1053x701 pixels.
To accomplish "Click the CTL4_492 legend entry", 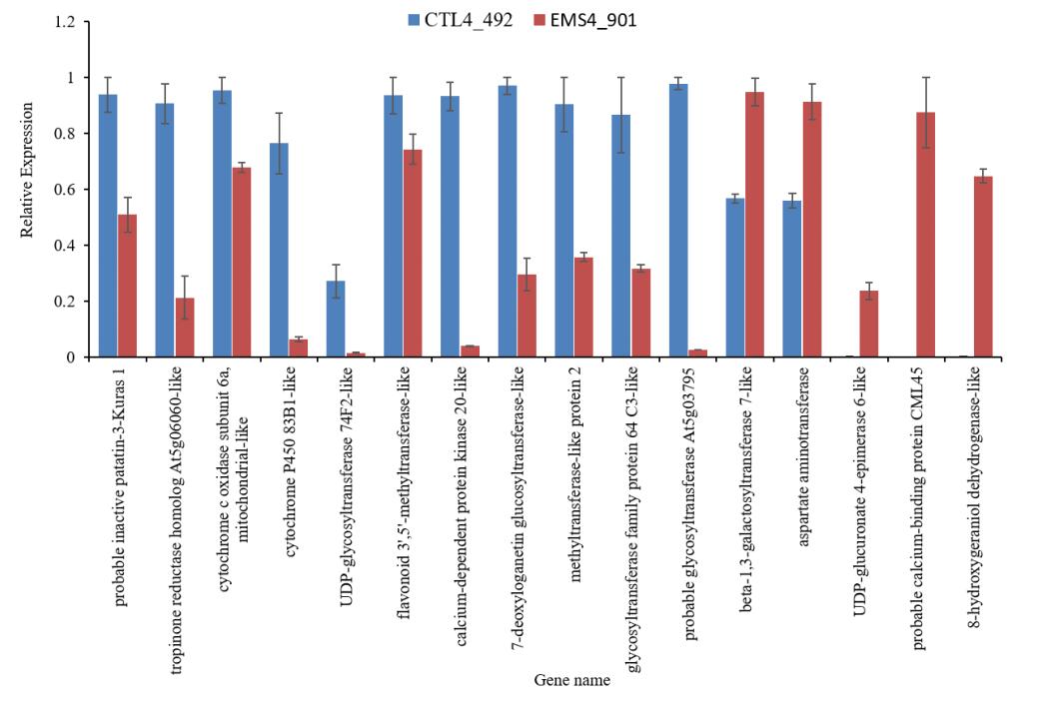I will pos(449,19).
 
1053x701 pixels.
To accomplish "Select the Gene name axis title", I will pos(571,681).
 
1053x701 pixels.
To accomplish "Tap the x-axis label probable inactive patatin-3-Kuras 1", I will pos(120,491).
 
